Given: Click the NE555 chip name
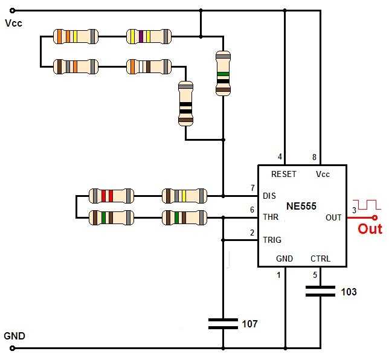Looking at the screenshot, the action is click(301, 206).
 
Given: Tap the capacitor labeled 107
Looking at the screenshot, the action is click(223, 324).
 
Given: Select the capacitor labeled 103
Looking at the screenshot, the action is click(320, 291).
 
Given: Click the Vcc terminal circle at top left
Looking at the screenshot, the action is click(12, 11).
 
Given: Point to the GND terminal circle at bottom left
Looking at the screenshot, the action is click(12, 348).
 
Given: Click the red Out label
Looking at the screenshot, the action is click(370, 229).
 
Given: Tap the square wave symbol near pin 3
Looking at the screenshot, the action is click(367, 204).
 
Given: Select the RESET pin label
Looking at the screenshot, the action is click(284, 174).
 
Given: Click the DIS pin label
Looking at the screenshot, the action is click(269, 196).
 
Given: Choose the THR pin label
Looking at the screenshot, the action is click(271, 217).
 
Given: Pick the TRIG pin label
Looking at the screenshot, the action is click(272, 240).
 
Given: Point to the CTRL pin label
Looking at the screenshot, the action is click(320, 259).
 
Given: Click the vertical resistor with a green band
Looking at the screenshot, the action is click(223, 74).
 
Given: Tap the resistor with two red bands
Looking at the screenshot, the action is click(111, 196).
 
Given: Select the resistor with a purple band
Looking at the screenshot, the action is click(149, 36).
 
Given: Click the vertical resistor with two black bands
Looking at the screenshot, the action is click(185, 103).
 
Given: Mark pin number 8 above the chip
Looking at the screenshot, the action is click(314, 157).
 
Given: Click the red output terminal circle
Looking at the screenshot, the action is click(375, 218).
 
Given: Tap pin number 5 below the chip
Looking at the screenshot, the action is click(315, 275).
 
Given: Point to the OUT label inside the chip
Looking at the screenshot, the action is click(333, 217).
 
